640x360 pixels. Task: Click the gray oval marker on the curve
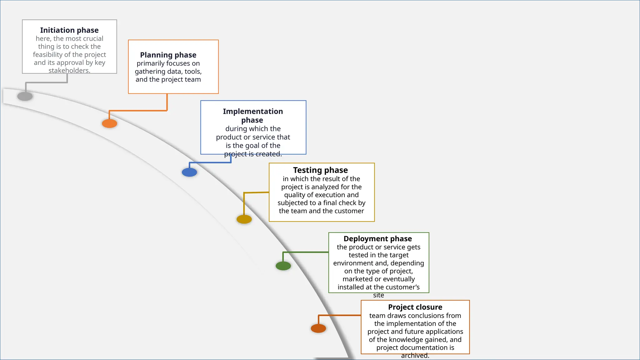[x=25, y=96]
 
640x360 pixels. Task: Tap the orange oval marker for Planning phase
[x=109, y=123]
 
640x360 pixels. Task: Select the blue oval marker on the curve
[x=189, y=172]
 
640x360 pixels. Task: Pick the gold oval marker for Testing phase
[x=244, y=219]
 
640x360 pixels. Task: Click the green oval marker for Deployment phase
[x=283, y=266]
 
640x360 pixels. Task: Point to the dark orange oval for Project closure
[x=318, y=328]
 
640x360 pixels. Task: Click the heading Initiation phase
[x=69, y=30]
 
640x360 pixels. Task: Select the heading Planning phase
[x=168, y=55]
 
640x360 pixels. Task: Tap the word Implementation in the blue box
[x=253, y=112]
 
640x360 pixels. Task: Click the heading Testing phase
[x=320, y=170]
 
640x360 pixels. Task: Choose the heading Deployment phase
[x=377, y=239]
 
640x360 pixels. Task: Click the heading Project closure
[x=415, y=307]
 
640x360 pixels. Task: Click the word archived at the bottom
[x=415, y=356]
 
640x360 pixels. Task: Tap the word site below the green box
[x=378, y=295]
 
